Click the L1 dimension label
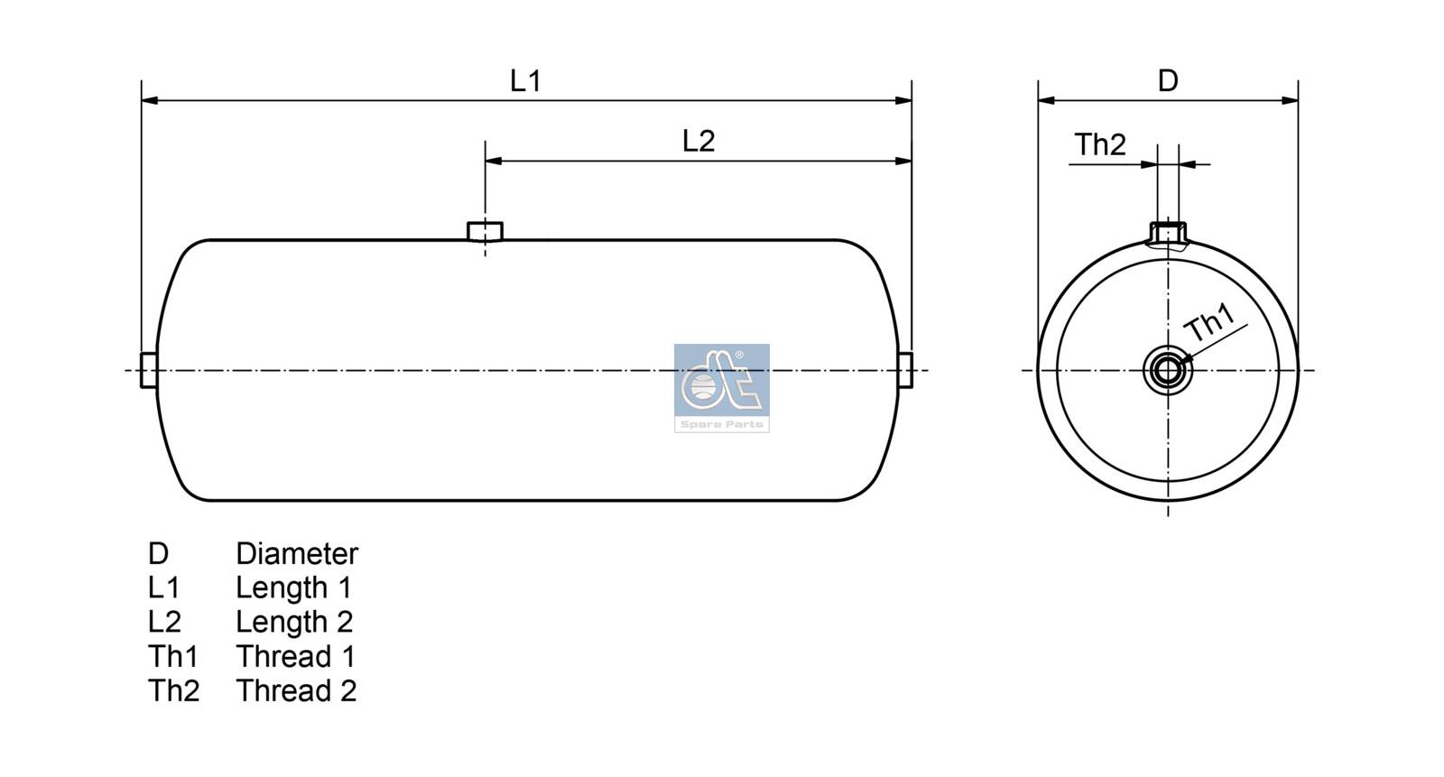click(x=525, y=81)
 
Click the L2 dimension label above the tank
click(x=699, y=141)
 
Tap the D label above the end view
click(x=1168, y=81)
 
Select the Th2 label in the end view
click(x=1100, y=144)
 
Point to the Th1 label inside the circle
click(x=1209, y=323)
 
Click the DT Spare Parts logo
click(x=722, y=387)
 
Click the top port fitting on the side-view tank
click(x=485, y=231)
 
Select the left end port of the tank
click(x=149, y=370)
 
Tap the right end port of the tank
click(x=905, y=370)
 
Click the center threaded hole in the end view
click(x=1168, y=370)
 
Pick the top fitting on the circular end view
click(x=1168, y=233)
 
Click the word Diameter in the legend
click(x=297, y=553)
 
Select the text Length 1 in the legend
click(x=293, y=587)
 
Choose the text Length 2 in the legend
click(x=294, y=622)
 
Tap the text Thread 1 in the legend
click(x=295, y=656)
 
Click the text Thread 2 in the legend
click(x=296, y=690)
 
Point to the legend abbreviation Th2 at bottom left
click(x=173, y=690)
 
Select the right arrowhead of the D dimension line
click(x=1291, y=100)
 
